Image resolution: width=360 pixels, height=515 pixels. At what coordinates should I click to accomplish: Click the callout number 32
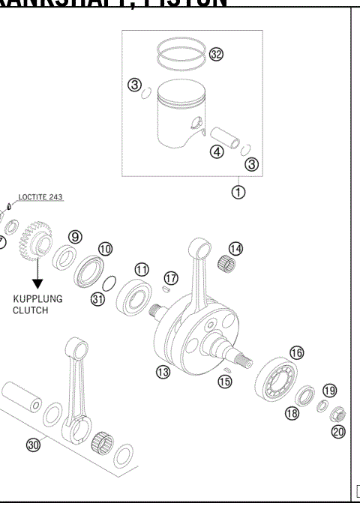tap(217, 55)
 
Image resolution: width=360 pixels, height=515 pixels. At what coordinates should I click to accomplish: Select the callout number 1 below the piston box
tap(238, 193)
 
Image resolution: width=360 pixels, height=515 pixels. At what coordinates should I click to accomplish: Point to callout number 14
tap(235, 249)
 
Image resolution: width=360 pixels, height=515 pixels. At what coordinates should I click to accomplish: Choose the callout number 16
tap(296, 352)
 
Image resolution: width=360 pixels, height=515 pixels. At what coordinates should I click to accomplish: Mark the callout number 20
tap(337, 431)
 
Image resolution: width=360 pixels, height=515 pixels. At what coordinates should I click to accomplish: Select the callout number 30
tap(33, 445)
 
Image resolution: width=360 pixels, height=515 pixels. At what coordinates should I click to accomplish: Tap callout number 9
tap(75, 237)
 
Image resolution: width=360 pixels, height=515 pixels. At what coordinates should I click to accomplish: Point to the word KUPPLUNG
tap(37, 298)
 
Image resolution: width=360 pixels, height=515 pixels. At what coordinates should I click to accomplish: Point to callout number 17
tap(170, 278)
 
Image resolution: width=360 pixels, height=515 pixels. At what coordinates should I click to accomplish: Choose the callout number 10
tap(105, 248)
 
